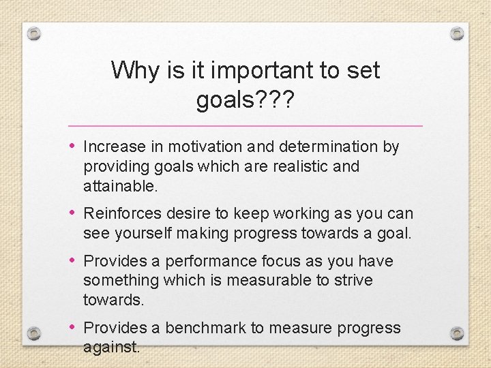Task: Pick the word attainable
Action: point(120,185)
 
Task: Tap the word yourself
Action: point(145,233)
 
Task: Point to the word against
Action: point(111,347)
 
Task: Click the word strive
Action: point(353,280)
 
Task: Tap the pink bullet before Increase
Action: point(73,146)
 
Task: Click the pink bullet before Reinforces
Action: point(73,213)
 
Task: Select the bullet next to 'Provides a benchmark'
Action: point(73,327)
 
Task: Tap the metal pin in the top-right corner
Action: point(457,33)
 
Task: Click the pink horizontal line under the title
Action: point(245,126)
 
